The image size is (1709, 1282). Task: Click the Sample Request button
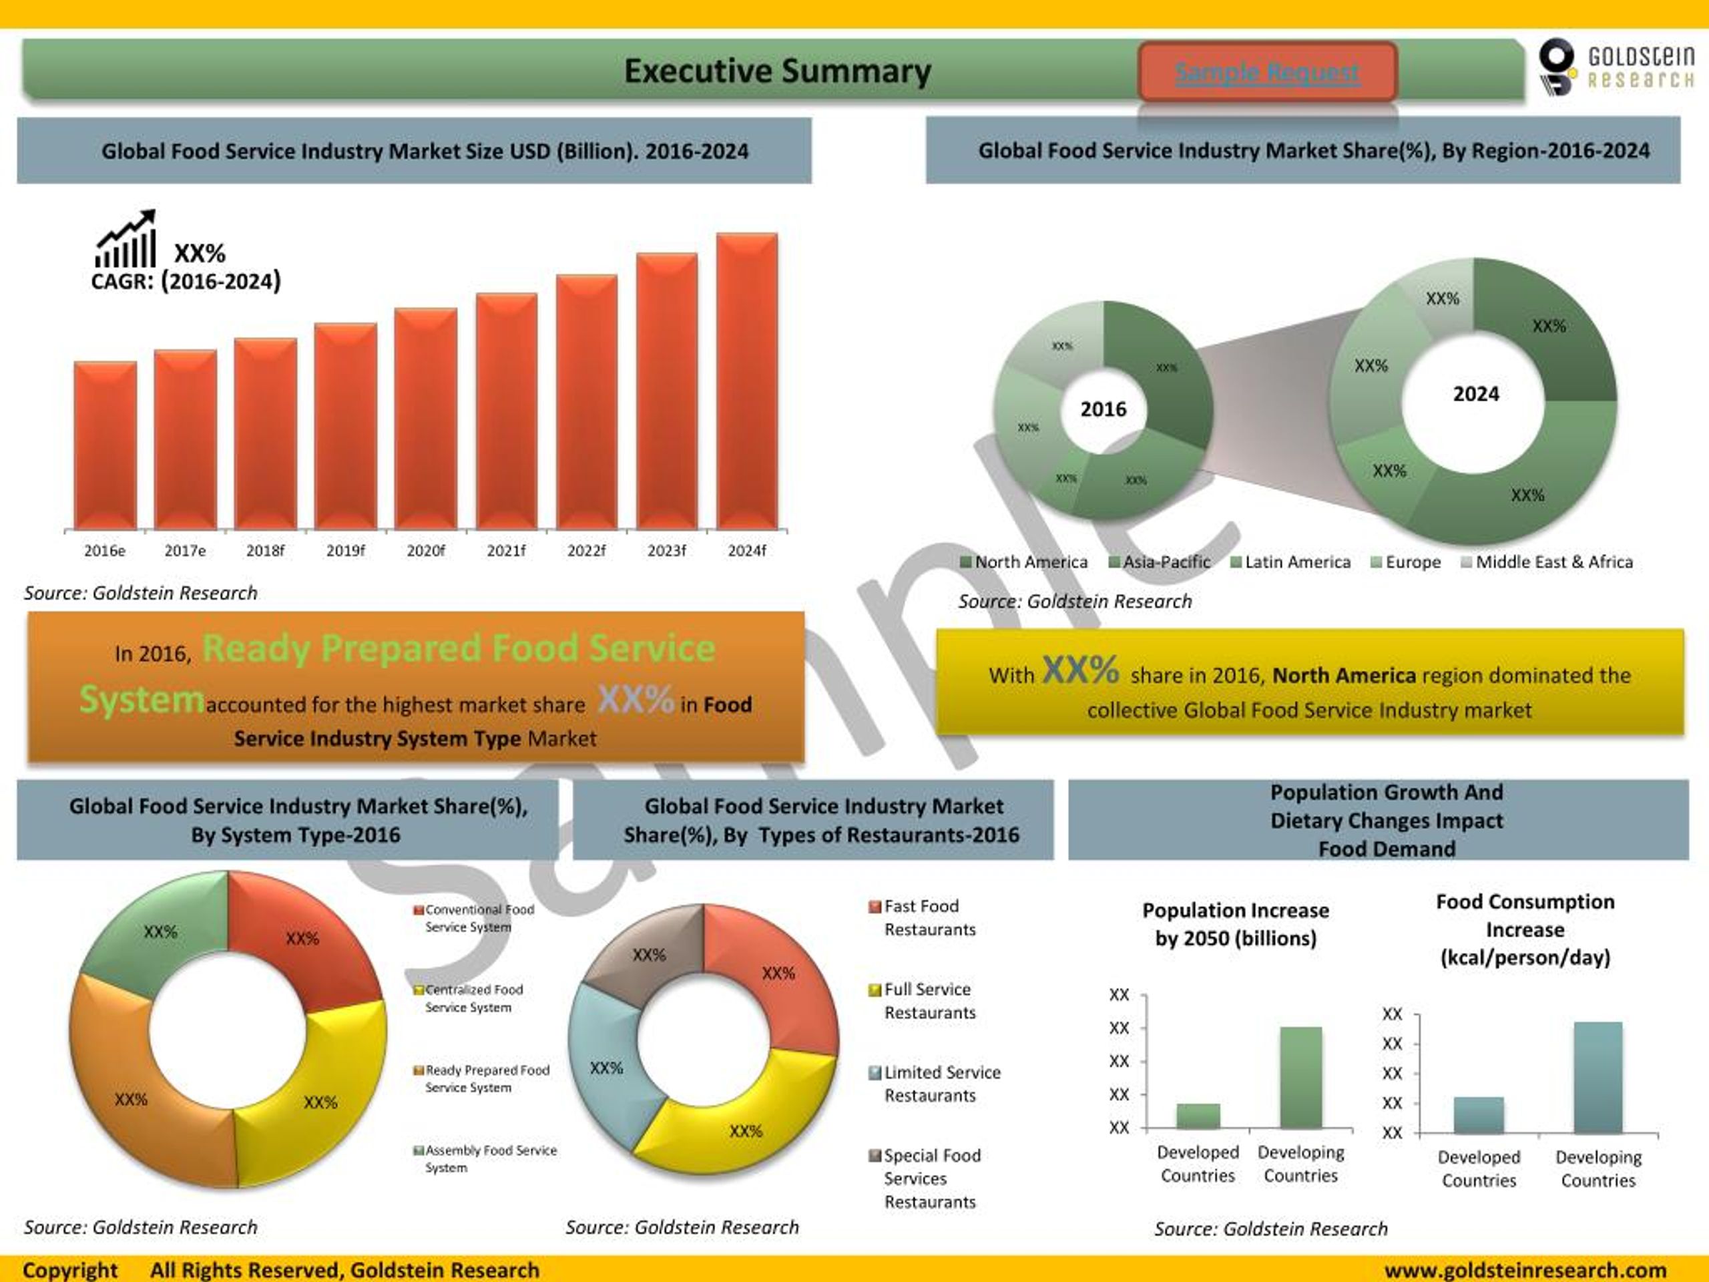1267,72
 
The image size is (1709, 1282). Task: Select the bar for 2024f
746,382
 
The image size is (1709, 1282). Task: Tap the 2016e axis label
104,551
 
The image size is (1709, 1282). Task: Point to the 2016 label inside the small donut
1103,409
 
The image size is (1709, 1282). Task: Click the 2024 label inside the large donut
1475,394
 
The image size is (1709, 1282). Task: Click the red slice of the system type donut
305,939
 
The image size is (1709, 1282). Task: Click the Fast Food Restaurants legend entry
923,917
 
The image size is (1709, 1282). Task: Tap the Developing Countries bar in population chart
1300,1077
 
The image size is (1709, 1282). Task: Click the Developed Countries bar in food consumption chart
1478,1115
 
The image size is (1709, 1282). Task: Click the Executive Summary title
777,71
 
